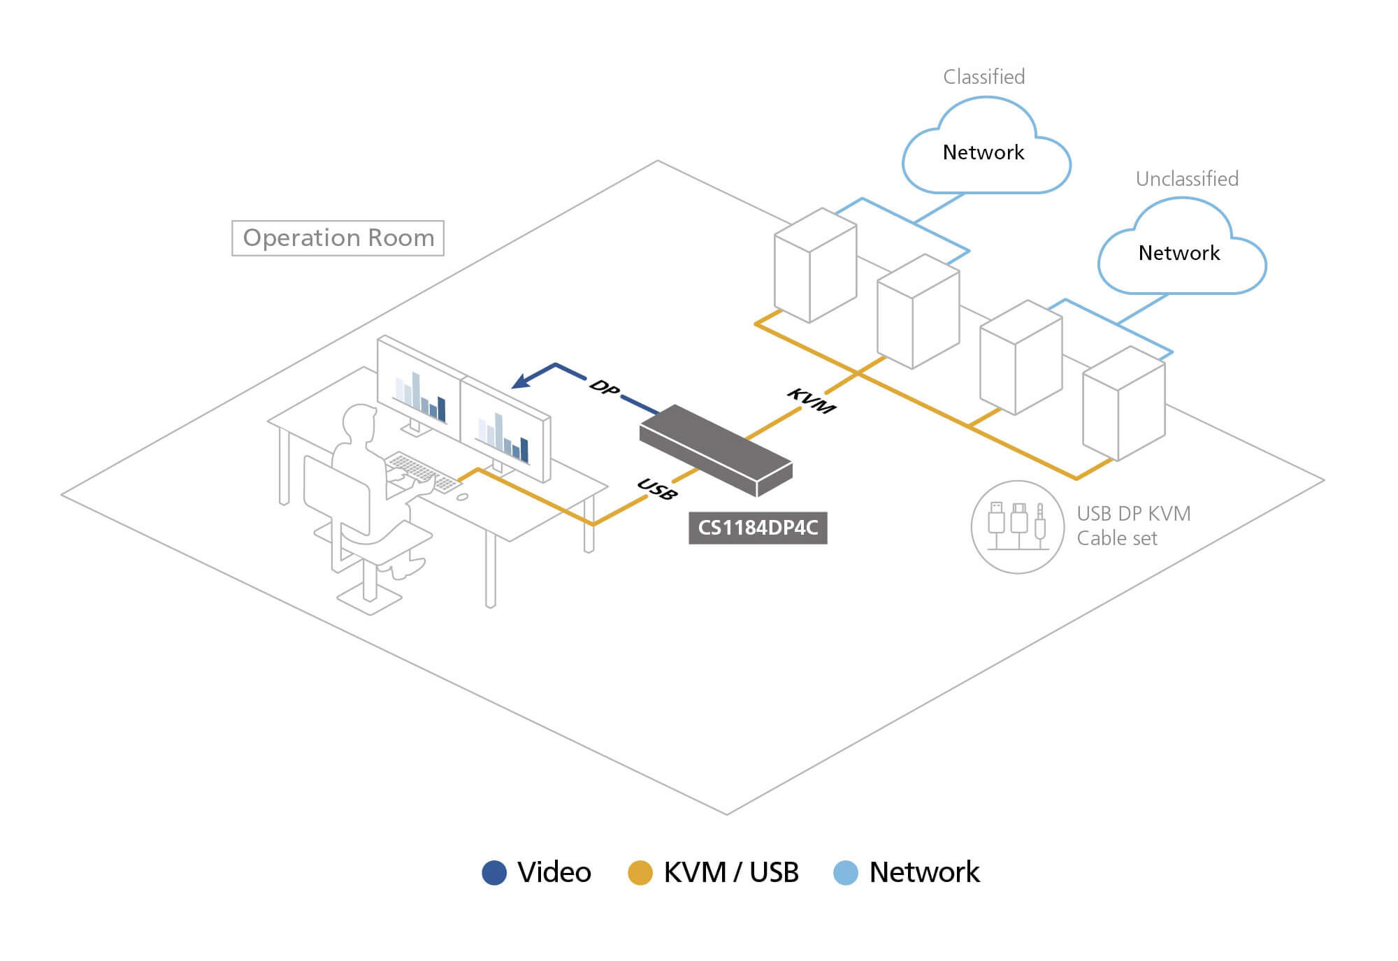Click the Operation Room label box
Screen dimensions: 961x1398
338,238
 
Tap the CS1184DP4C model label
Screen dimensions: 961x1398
758,528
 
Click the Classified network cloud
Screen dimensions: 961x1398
986,150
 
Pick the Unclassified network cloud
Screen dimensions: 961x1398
1181,251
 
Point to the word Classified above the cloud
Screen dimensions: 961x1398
983,77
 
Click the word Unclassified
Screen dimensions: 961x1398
1187,179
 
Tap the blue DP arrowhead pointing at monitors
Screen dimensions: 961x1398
521,381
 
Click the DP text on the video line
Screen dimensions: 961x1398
604,386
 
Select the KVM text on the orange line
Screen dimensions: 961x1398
811,400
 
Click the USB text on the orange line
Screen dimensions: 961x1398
657,489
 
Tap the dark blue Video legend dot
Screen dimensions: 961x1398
494,873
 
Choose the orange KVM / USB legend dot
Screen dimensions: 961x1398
640,873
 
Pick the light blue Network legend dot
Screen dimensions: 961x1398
846,873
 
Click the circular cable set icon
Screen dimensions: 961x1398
1018,527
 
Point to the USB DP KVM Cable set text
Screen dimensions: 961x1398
1133,526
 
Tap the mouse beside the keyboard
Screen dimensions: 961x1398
462,497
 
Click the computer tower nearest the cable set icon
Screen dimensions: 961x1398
1123,405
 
